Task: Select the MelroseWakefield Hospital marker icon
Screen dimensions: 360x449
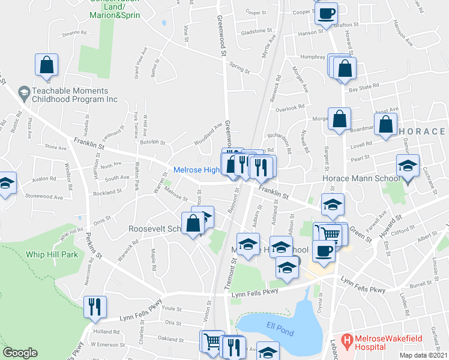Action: click(x=346, y=340)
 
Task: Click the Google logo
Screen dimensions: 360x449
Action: click(x=20, y=353)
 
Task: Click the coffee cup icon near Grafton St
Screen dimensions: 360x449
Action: click(x=326, y=13)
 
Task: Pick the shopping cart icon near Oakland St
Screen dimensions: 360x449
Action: click(x=211, y=341)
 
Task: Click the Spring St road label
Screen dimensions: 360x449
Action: click(x=240, y=69)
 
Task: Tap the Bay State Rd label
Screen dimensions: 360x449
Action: click(x=364, y=86)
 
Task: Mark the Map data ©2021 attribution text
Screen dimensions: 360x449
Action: click(x=423, y=355)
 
